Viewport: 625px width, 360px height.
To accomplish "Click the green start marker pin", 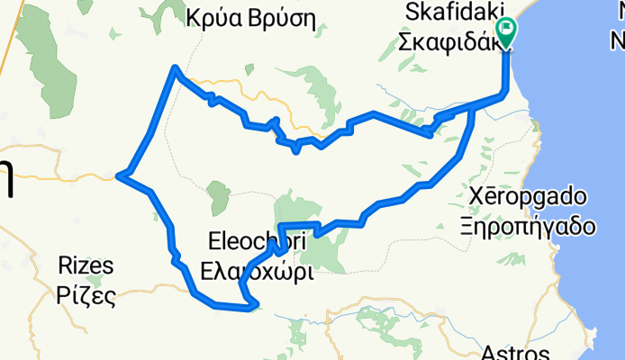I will [x=505, y=33].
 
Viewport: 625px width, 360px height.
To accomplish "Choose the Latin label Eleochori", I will [x=257, y=241].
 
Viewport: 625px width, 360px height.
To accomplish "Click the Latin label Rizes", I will [x=86, y=265].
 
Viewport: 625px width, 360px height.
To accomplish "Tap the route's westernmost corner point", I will [x=120, y=176].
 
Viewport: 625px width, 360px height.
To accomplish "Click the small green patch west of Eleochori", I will [x=218, y=196].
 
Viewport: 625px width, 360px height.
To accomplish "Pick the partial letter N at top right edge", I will [x=618, y=40].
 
